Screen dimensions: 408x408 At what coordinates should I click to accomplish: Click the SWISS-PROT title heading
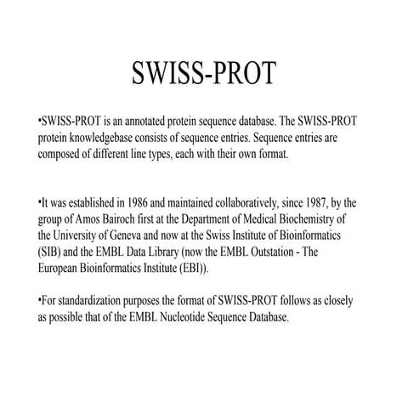point(203,75)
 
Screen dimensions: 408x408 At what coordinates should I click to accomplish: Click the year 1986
point(141,202)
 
